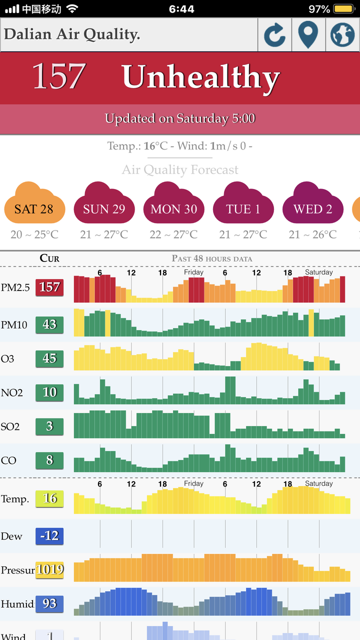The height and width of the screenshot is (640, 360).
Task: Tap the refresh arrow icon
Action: pos(274,35)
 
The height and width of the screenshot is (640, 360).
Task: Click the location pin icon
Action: pos(308,34)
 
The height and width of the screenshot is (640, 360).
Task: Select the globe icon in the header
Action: pos(342,34)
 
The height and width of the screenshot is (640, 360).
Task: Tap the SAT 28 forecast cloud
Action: pos(34,202)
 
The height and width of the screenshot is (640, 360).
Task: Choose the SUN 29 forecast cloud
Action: pos(104,202)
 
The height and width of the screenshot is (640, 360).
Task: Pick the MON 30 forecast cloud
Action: pos(173,202)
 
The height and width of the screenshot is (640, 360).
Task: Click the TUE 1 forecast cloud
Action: pos(243,202)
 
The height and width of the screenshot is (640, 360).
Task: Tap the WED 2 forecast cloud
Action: pos(313,202)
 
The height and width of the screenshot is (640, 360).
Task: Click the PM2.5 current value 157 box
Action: pos(49,287)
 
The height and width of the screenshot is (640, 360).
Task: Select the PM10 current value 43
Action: pos(49,324)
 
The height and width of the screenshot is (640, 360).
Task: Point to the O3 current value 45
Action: pos(49,358)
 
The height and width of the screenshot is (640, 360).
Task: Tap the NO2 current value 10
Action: pos(49,392)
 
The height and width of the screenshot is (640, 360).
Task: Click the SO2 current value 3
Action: pos(49,426)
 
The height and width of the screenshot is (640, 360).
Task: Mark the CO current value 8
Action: pos(49,460)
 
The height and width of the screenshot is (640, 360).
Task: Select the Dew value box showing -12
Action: pos(49,536)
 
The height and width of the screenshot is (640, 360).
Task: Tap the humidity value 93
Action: pos(49,604)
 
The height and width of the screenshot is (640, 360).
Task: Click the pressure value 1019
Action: pos(49,570)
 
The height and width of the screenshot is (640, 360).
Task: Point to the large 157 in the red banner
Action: pos(59,76)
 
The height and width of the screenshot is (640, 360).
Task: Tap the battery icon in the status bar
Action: pos(344,9)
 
